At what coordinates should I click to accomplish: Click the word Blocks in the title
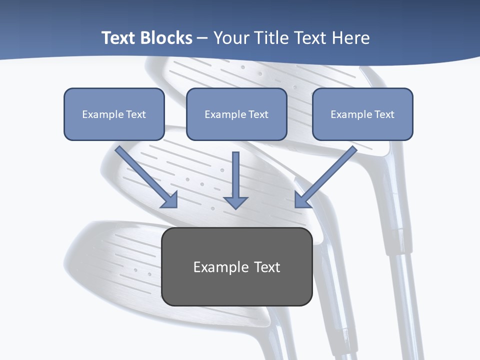(x=166, y=38)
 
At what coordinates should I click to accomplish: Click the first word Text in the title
(x=120, y=38)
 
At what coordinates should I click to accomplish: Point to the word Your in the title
(x=232, y=38)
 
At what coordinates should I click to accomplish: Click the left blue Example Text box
(x=114, y=114)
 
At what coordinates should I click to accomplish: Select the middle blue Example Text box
(x=236, y=114)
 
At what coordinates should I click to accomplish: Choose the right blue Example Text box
(x=362, y=114)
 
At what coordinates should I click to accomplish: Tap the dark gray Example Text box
(x=237, y=267)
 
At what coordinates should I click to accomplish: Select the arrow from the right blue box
(x=327, y=175)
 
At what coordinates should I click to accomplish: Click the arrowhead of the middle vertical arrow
(x=236, y=202)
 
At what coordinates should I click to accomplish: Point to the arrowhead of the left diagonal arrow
(x=170, y=199)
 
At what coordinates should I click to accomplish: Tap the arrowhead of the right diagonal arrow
(x=302, y=200)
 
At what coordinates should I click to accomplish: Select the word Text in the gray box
(x=267, y=267)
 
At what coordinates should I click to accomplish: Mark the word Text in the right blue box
(x=384, y=114)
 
